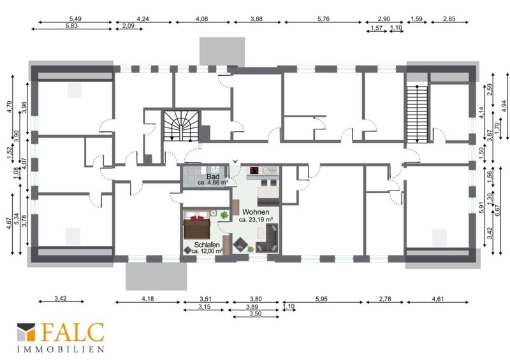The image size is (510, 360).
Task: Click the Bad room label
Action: pyautogui.click(x=213, y=176)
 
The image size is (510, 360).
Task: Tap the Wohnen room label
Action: pyautogui.click(x=256, y=212)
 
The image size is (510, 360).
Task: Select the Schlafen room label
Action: pyautogui.click(x=207, y=245)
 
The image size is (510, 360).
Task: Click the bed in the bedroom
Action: pyautogui.click(x=197, y=225)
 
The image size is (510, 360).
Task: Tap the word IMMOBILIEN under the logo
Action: pyautogui.click(x=61, y=350)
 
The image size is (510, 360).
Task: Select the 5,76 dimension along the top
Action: pyautogui.click(x=323, y=19)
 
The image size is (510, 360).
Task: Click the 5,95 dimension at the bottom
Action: pyautogui.click(x=321, y=299)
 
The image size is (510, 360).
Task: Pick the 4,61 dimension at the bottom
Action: pyautogui.click(x=438, y=299)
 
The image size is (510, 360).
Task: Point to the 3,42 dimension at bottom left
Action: pyautogui.click(x=61, y=298)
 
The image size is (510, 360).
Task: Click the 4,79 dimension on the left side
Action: pyautogui.click(x=9, y=107)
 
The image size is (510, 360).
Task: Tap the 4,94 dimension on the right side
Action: pyautogui.click(x=504, y=106)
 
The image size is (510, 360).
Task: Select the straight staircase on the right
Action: pyautogui.click(x=417, y=114)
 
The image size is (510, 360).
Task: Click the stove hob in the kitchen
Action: pyautogui.click(x=254, y=170)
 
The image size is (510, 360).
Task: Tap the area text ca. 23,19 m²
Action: pyautogui.click(x=256, y=220)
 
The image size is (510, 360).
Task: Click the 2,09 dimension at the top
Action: pyautogui.click(x=129, y=25)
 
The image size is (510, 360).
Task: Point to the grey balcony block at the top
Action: pyautogui.click(x=222, y=52)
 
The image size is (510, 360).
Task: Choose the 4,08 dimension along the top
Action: pyautogui.click(x=201, y=19)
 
